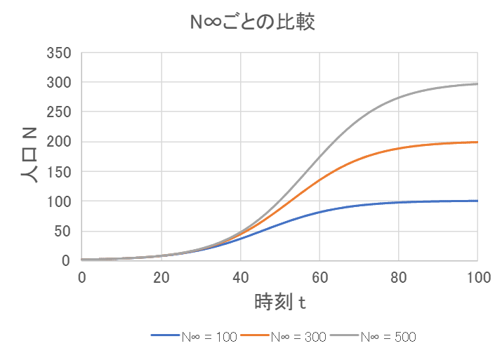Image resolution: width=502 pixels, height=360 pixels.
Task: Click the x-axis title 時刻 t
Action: pos(279,303)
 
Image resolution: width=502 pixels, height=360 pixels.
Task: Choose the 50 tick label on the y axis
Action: pos(63,231)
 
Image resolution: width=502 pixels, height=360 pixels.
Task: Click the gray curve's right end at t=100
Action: pos(477,84)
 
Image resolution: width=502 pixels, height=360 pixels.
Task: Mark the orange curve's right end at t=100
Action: pos(477,142)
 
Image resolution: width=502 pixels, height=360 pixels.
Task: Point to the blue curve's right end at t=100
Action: pos(477,201)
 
